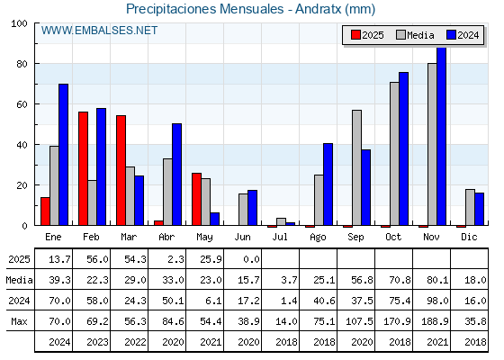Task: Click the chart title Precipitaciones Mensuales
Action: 205,9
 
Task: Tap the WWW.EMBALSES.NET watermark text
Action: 99,31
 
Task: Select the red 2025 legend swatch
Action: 355,35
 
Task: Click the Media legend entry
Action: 415,35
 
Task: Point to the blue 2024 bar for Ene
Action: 63,155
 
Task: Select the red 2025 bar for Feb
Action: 83,168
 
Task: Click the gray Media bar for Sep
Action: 356,167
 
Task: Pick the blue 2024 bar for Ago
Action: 328,184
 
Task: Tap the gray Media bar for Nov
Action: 432,144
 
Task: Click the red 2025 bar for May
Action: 197,199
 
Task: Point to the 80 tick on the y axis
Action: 22,64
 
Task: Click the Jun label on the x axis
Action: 242,238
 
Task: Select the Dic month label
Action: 469,238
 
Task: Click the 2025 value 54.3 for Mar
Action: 135,259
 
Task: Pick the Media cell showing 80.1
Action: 437,280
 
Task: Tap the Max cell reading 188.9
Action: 435,321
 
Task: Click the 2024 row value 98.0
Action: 437,301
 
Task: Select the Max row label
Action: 19,321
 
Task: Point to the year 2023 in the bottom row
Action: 97,342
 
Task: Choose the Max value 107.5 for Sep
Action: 359,321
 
